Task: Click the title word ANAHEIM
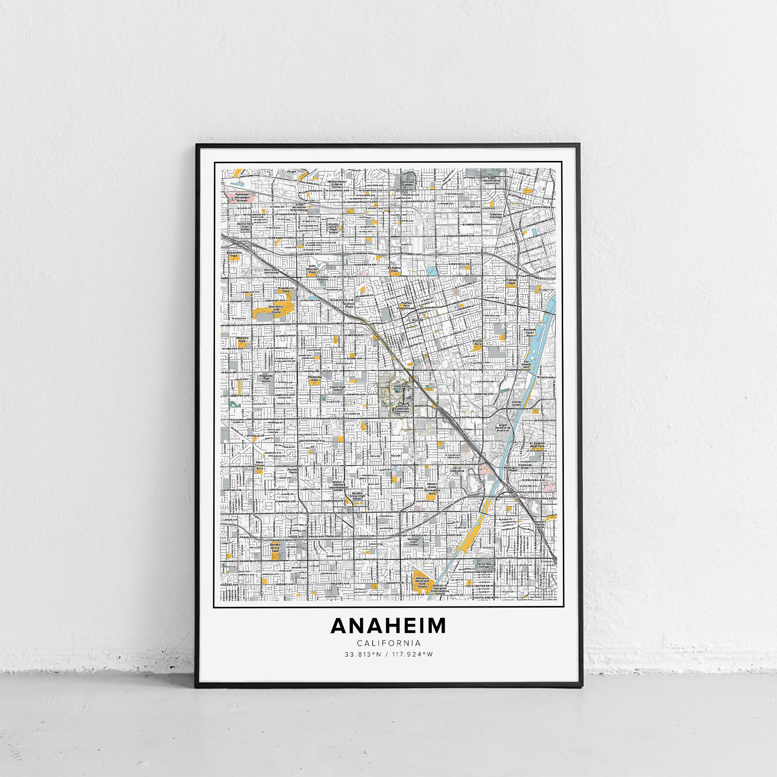(388, 626)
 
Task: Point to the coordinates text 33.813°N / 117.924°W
(388, 654)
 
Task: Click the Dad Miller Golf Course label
(276, 309)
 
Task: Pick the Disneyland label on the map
(401, 386)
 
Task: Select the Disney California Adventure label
(401, 409)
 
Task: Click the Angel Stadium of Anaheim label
(503, 427)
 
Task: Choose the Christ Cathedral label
(458, 469)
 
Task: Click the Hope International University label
(491, 181)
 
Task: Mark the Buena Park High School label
(245, 226)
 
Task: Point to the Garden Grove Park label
(275, 547)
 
